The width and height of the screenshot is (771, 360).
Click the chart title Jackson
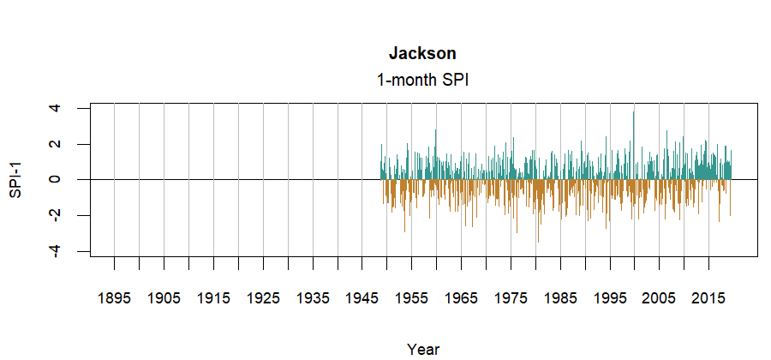(x=422, y=54)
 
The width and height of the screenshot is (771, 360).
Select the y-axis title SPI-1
(x=15, y=179)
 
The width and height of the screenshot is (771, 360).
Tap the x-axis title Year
(x=423, y=349)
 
